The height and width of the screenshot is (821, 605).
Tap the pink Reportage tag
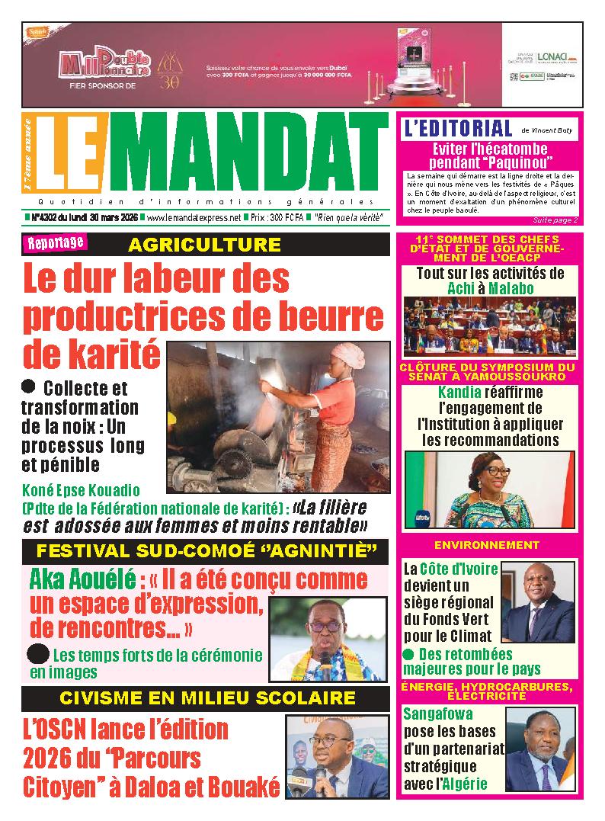(56, 243)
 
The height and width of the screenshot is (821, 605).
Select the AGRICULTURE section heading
(205, 245)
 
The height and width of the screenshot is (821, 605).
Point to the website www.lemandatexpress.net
(193, 218)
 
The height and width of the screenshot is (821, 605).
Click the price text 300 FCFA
(277, 218)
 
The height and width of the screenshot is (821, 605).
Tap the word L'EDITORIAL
(458, 129)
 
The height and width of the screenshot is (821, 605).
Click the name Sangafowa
(438, 714)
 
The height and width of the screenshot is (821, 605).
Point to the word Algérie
(461, 784)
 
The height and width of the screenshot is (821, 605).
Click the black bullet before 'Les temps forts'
(39, 654)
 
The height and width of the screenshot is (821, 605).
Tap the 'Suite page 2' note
(555, 220)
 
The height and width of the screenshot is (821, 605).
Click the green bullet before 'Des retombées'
(408, 654)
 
